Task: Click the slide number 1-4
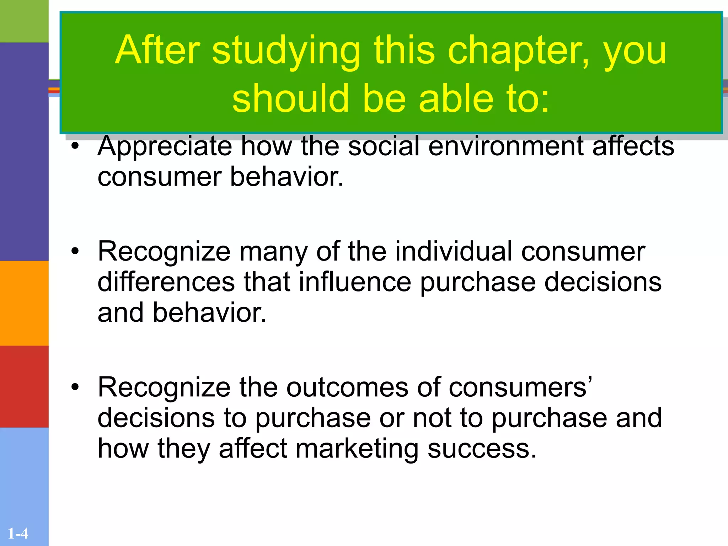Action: (x=18, y=534)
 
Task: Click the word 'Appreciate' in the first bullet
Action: (x=165, y=146)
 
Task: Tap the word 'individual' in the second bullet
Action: (x=454, y=251)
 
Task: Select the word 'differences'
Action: (x=166, y=282)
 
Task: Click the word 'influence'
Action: (x=355, y=282)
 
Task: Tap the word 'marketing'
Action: (x=357, y=448)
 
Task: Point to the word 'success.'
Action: (x=482, y=448)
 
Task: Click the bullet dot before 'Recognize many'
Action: (x=75, y=252)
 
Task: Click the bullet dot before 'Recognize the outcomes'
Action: (x=75, y=387)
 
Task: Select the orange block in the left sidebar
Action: (x=24, y=303)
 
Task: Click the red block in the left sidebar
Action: (x=24, y=386)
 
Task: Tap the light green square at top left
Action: (x=24, y=21)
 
